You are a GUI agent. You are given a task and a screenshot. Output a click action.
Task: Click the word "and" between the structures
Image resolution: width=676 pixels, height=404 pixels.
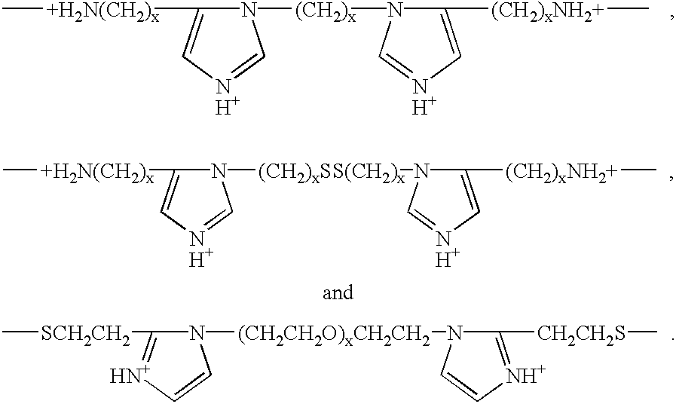[x=338, y=292]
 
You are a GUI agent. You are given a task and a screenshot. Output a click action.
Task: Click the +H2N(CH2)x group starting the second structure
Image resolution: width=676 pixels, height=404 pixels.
[x=97, y=173]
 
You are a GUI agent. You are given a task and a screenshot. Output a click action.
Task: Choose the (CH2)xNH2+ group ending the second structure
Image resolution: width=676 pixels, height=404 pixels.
[x=561, y=173]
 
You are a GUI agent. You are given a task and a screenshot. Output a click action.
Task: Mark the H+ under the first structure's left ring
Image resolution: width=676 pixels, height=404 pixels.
[x=227, y=107]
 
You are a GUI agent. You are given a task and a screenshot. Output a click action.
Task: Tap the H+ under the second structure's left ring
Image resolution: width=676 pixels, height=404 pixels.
[x=201, y=259]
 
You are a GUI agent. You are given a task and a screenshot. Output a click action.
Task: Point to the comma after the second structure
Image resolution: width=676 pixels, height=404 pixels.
[x=671, y=177]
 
